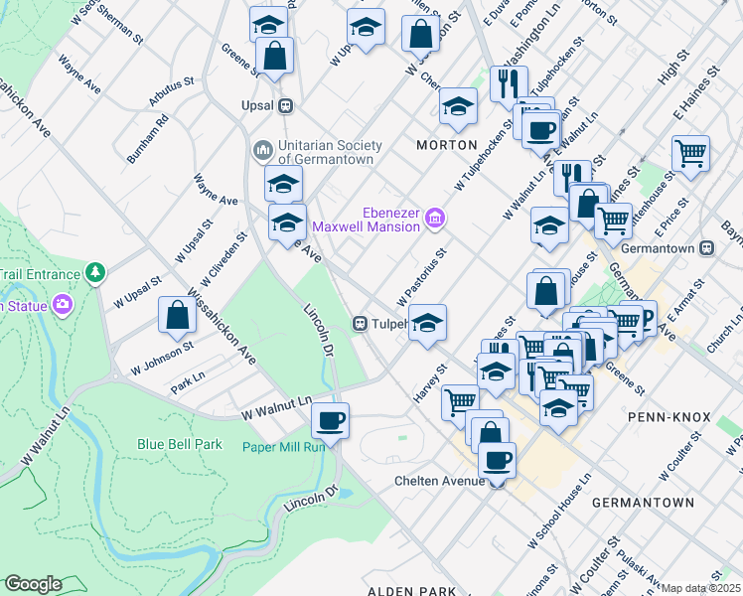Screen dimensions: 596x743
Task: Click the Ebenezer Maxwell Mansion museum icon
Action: coord(434,218)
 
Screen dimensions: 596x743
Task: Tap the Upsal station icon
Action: coord(285,104)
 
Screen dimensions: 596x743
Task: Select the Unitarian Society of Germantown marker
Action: coord(263,150)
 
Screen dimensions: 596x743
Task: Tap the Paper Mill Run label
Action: coord(284,447)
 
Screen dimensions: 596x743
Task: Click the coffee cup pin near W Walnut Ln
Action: coord(330,418)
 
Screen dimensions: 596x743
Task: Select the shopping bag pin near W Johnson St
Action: coord(176,315)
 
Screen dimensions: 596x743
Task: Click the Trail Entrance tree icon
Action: coord(94,271)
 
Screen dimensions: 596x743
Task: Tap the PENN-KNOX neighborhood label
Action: coord(669,417)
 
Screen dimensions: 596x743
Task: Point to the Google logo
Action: coord(33,584)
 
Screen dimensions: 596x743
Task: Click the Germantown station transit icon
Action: coord(706,247)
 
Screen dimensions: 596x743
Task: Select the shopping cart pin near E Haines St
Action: coord(690,153)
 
